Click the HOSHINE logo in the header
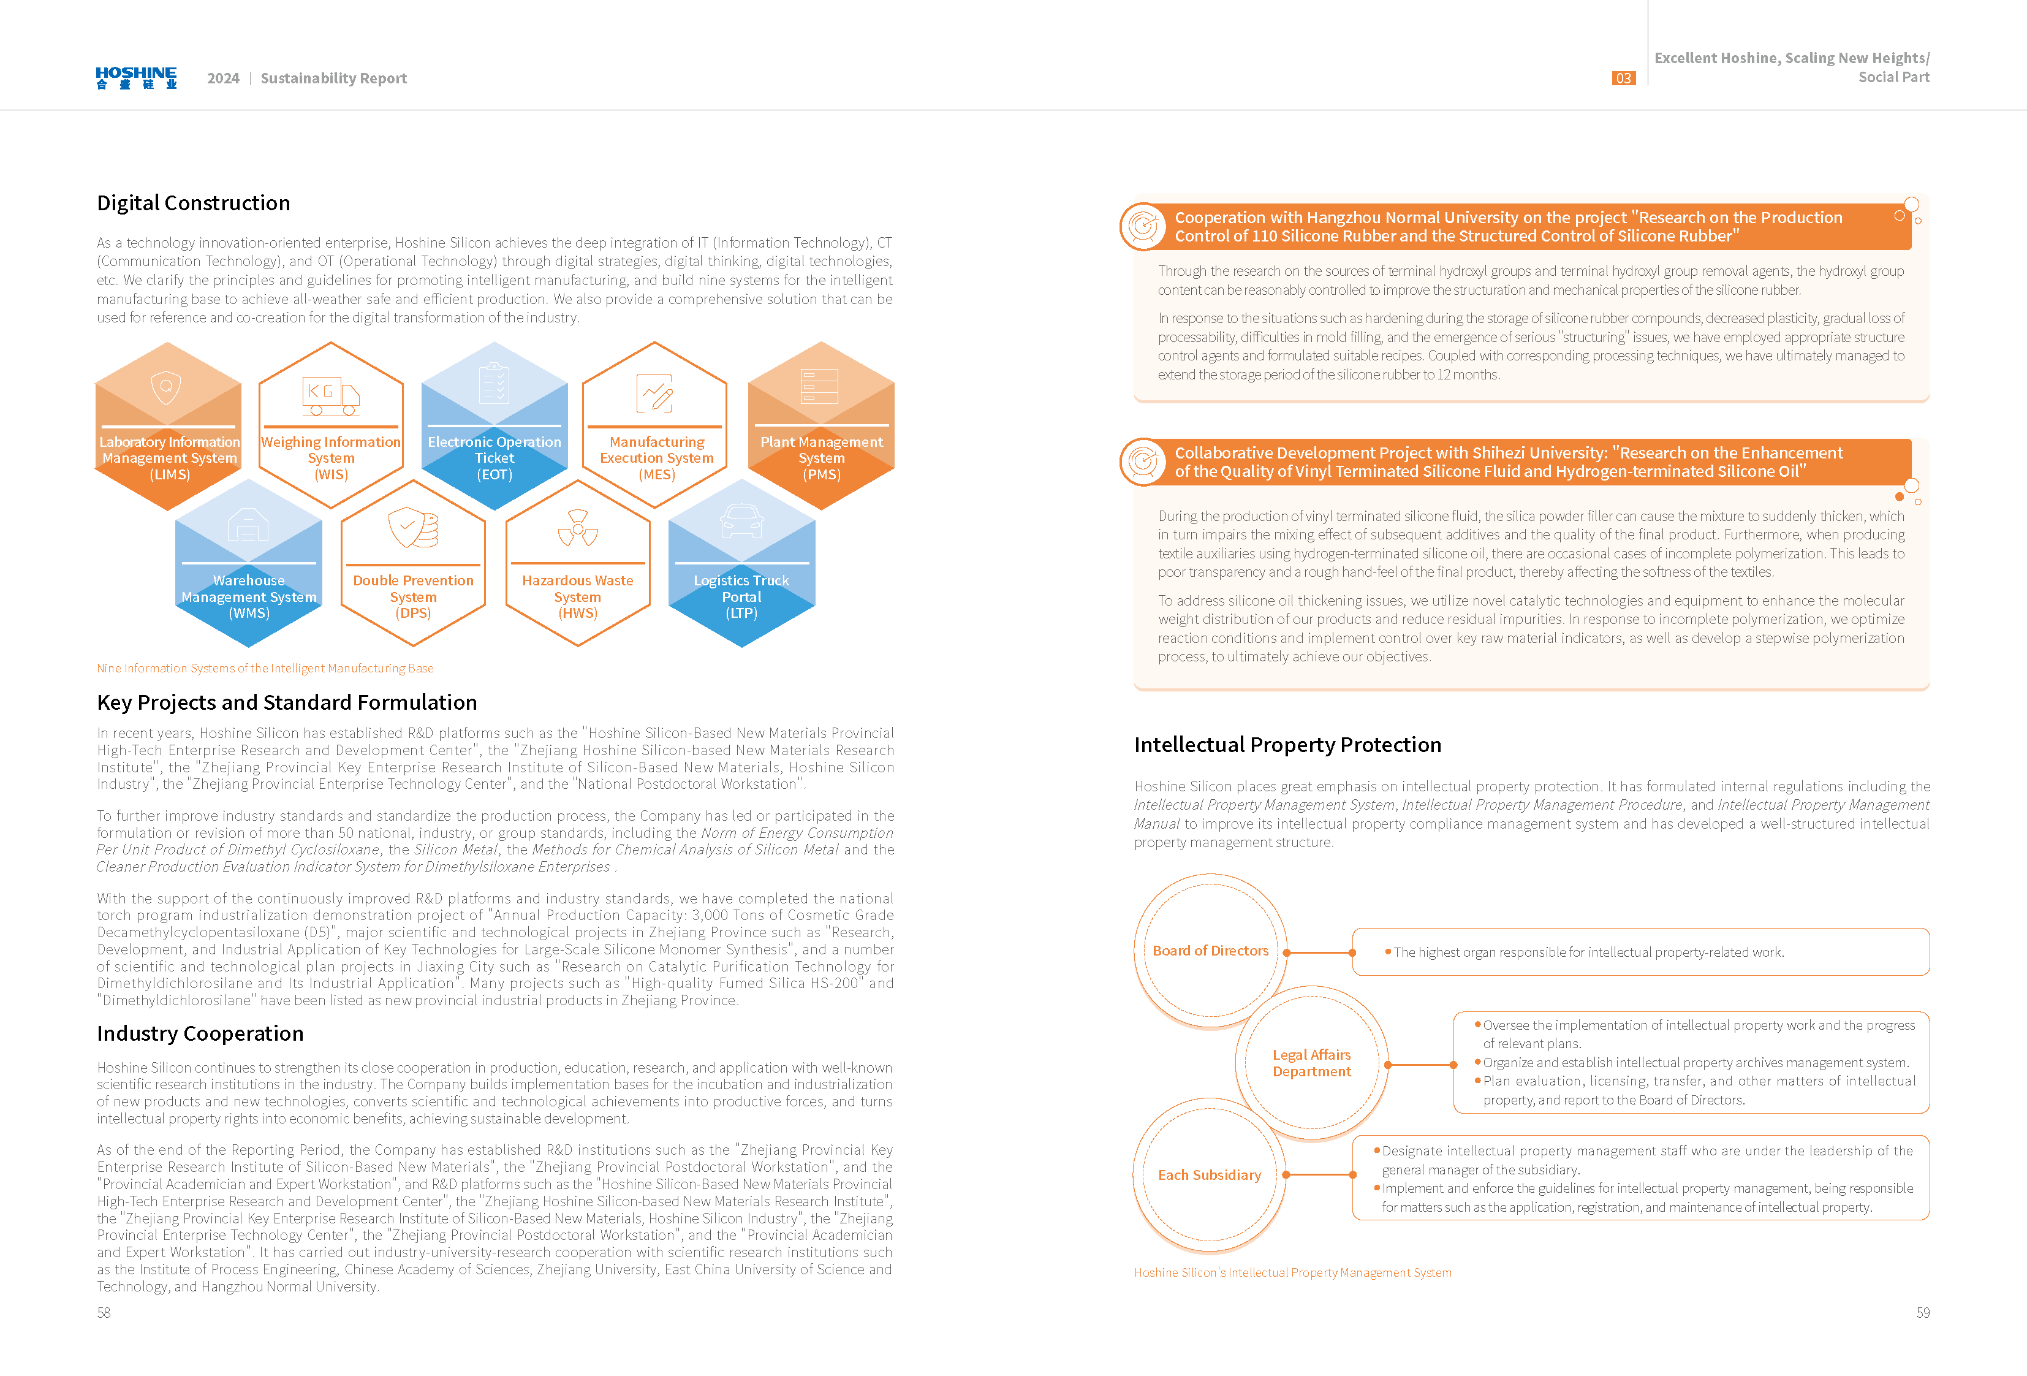(136, 78)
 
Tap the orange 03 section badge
(1623, 78)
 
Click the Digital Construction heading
(193, 203)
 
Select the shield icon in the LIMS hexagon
(165, 387)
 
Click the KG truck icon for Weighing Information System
(330, 396)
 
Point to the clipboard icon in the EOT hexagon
(494, 383)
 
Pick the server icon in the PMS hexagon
(820, 386)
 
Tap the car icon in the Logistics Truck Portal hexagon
(741, 522)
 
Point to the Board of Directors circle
(1210, 950)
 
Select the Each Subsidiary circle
(1209, 1174)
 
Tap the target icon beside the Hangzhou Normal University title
(1143, 226)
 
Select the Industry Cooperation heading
(200, 1033)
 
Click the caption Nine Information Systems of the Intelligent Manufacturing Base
(265, 668)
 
